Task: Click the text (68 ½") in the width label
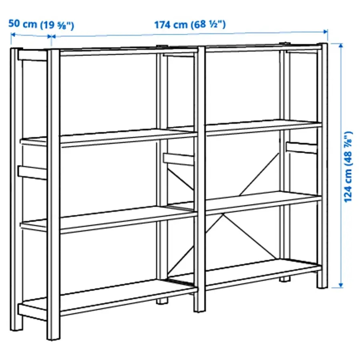click(x=210, y=24)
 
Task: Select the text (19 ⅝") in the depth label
click(x=57, y=25)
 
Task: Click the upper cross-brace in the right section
click(x=259, y=173)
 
